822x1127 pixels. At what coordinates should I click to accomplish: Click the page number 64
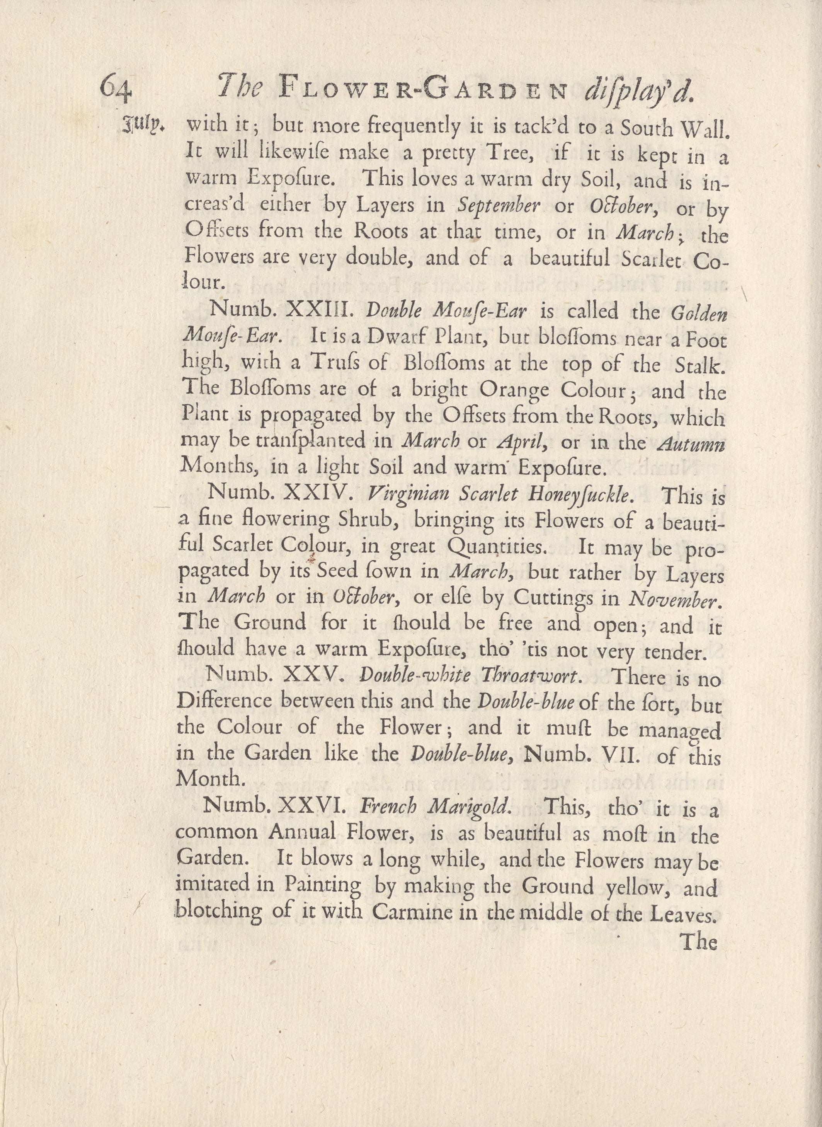point(116,89)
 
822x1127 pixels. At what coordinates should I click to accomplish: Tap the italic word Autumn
point(691,443)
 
